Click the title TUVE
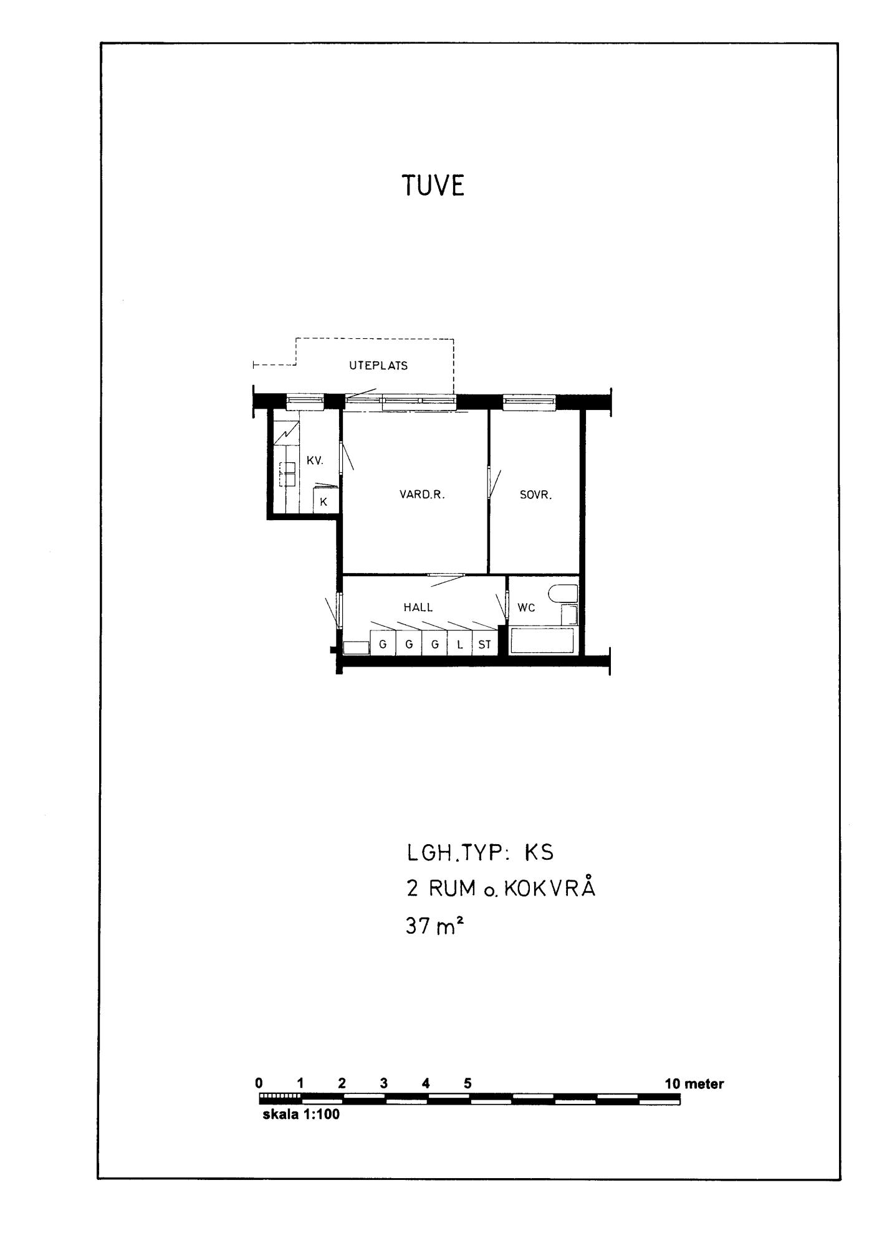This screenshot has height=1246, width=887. coord(433,185)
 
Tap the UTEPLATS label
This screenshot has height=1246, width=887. coord(378,366)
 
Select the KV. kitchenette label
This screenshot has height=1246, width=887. coord(315,460)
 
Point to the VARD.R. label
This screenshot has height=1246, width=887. coord(422,495)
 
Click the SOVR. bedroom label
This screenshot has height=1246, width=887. coord(536,495)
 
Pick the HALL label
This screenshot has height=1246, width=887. coord(418,607)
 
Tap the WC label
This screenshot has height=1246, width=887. coord(526,607)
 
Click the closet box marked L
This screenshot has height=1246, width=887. coord(460,644)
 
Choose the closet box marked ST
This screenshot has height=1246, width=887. coord(485,644)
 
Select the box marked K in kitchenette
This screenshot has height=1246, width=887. coord(324,501)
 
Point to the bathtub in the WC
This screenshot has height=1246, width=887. coord(542,640)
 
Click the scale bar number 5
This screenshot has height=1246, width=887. coord(467,1083)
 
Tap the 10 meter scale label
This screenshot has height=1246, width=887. coord(694,1083)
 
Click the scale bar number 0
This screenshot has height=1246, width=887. coord(259,1083)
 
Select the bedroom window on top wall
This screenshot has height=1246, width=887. coord(529,402)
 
